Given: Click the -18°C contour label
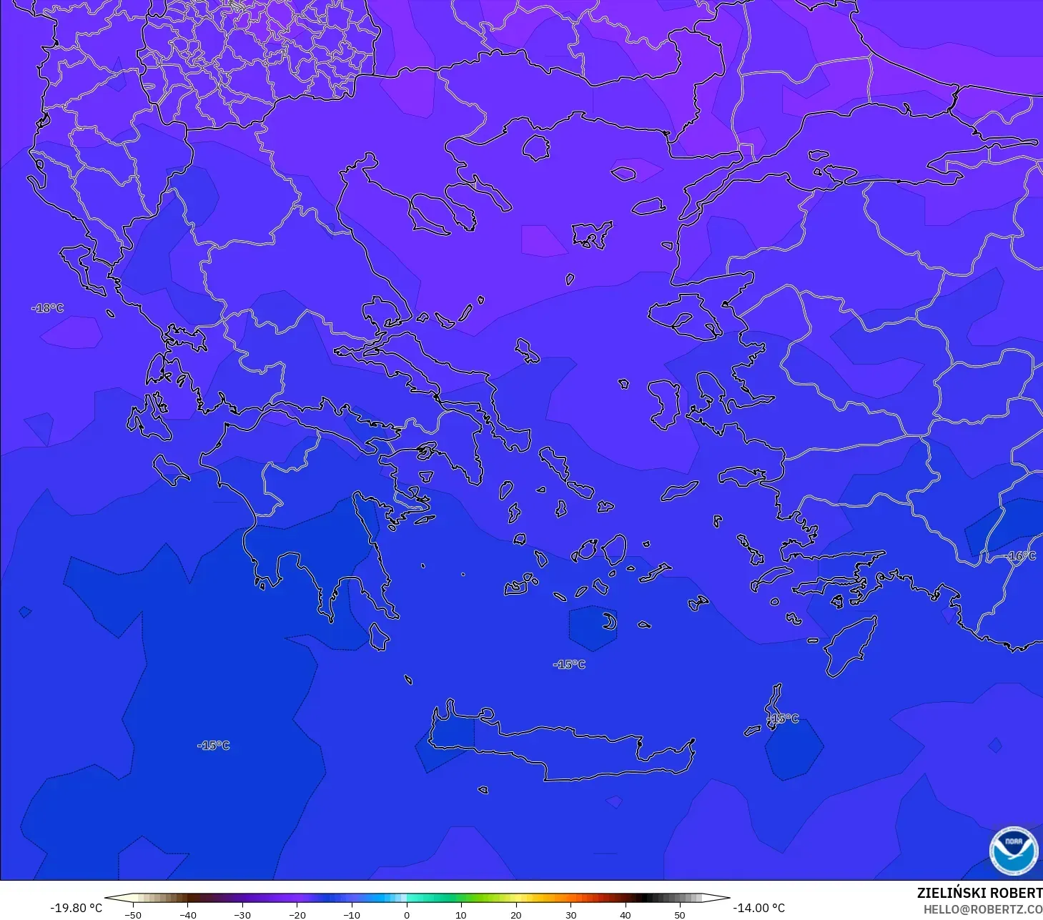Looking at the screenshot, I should coord(48,308).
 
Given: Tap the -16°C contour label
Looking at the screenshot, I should coord(1020,555).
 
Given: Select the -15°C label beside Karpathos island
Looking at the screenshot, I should coord(784,718).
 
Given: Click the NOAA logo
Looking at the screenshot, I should coord(1013,850).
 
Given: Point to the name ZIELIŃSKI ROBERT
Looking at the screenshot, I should coord(979,893).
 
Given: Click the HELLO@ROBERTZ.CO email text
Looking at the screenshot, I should coord(982,909).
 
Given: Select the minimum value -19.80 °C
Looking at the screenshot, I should coord(76,908).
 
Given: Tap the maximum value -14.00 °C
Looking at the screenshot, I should coord(758,908).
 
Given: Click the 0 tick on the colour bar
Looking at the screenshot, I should coord(406,914).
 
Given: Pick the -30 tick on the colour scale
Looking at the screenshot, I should coord(242,914).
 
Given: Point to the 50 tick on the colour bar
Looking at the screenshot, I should coord(680,914).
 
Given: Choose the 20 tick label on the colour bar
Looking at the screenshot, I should coord(515,914).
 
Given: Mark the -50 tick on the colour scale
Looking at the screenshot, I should coord(133,914).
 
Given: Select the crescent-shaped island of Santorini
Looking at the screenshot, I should coord(610,622).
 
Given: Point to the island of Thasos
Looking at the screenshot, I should coord(536,148).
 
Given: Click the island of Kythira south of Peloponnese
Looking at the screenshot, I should coord(379,636).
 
